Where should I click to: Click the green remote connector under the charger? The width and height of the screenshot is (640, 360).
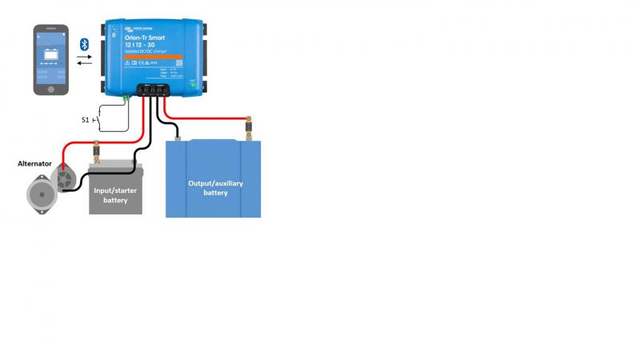(126, 97)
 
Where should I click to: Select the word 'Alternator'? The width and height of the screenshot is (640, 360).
(34, 163)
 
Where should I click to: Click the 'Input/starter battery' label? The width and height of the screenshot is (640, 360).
(115, 193)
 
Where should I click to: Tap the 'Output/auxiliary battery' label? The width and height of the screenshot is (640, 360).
(214, 188)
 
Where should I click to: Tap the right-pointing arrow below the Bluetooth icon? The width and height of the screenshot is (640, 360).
(84, 57)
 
